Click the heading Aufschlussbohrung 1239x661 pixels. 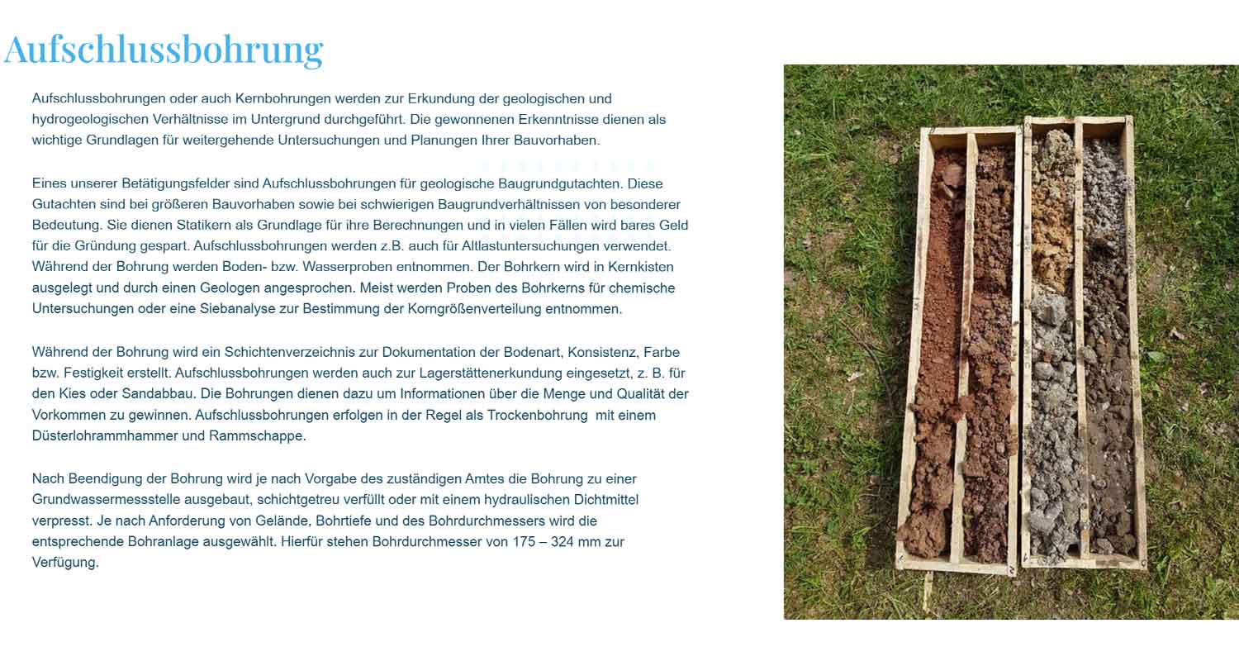[164, 50]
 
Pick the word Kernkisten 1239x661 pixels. [642, 267]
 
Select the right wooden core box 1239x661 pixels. [1082, 347]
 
